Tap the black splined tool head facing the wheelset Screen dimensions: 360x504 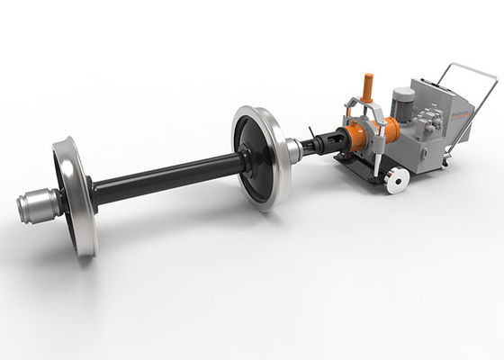[x=328, y=145]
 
